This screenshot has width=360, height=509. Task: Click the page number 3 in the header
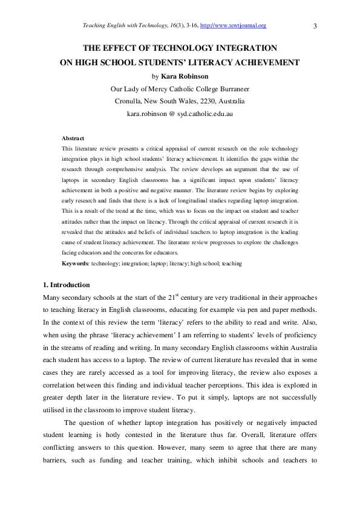coord(316,25)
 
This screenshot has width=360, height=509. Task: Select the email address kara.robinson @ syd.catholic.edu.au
coord(180,113)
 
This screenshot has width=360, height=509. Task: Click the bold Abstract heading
coord(73,138)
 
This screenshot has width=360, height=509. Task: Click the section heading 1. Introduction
coord(66,285)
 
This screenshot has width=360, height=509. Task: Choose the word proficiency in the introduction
coord(297,334)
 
